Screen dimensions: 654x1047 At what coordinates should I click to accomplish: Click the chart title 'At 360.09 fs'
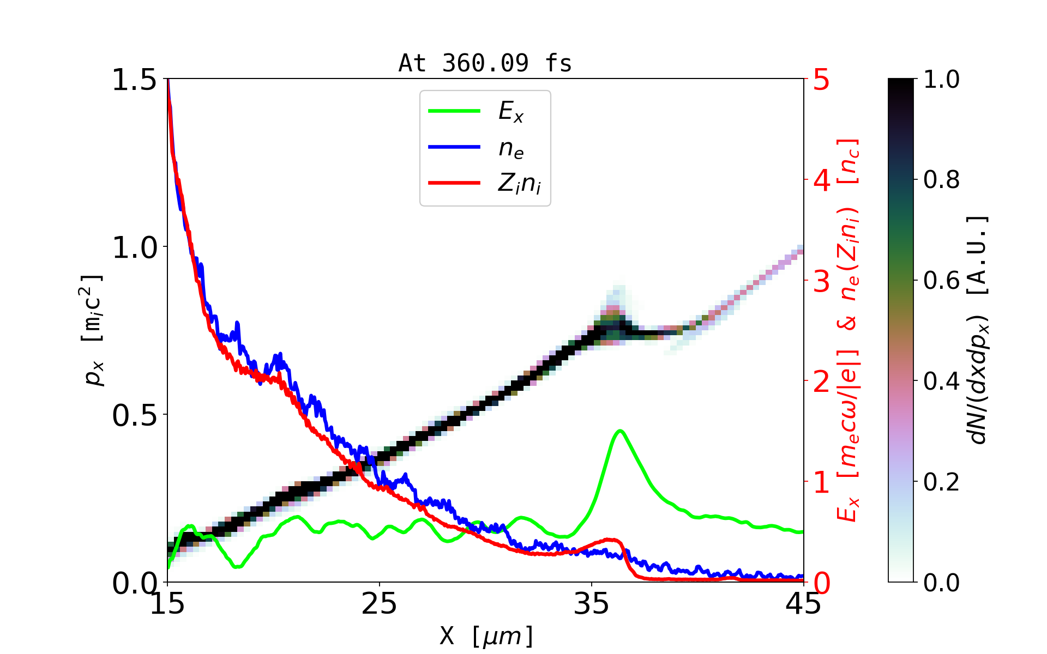(485, 63)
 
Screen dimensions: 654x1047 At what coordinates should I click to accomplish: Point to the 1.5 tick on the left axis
(134, 80)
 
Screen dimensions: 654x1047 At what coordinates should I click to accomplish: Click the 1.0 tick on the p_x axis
(134, 247)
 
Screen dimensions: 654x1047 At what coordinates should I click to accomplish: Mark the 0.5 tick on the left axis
(134, 415)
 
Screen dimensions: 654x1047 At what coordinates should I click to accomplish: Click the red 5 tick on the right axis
(821, 80)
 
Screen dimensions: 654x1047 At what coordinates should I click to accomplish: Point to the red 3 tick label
(821, 281)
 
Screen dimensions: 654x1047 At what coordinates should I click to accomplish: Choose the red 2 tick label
(821, 382)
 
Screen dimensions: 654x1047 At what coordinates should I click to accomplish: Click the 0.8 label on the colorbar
(941, 179)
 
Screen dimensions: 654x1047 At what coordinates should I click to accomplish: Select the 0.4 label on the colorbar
(941, 381)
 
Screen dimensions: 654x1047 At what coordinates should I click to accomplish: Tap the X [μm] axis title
(486, 635)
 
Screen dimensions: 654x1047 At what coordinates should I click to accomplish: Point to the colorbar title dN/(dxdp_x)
(978, 330)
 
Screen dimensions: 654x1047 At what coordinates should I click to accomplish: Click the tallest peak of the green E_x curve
(620, 431)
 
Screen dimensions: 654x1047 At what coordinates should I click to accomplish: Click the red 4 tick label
(821, 180)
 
